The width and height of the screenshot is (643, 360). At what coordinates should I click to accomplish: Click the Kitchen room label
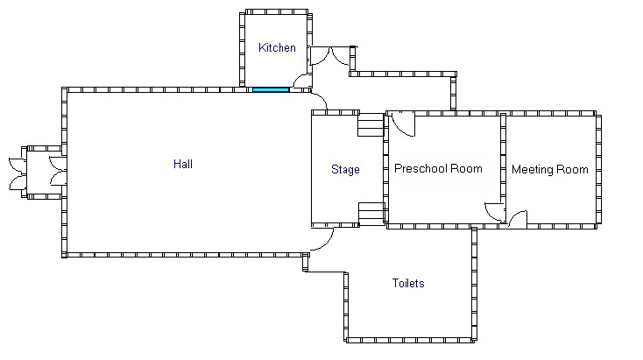tap(277, 47)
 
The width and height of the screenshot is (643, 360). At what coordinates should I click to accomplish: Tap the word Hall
tap(183, 164)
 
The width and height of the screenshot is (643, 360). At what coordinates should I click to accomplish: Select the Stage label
tap(345, 170)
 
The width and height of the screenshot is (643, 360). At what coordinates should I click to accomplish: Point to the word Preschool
tap(420, 168)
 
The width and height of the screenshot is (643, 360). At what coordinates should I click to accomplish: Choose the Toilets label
tap(408, 283)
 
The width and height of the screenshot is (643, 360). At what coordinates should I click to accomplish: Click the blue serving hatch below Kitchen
tap(271, 89)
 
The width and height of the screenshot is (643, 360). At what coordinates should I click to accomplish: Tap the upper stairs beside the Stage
tap(371, 125)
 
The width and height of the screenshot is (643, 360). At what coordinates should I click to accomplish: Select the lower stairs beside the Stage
tap(371, 214)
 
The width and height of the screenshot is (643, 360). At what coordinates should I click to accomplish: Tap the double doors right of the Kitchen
tap(330, 57)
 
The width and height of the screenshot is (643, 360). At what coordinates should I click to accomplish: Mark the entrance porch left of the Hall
tap(44, 173)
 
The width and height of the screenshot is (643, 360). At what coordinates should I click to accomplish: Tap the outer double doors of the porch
tap(18, 173)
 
